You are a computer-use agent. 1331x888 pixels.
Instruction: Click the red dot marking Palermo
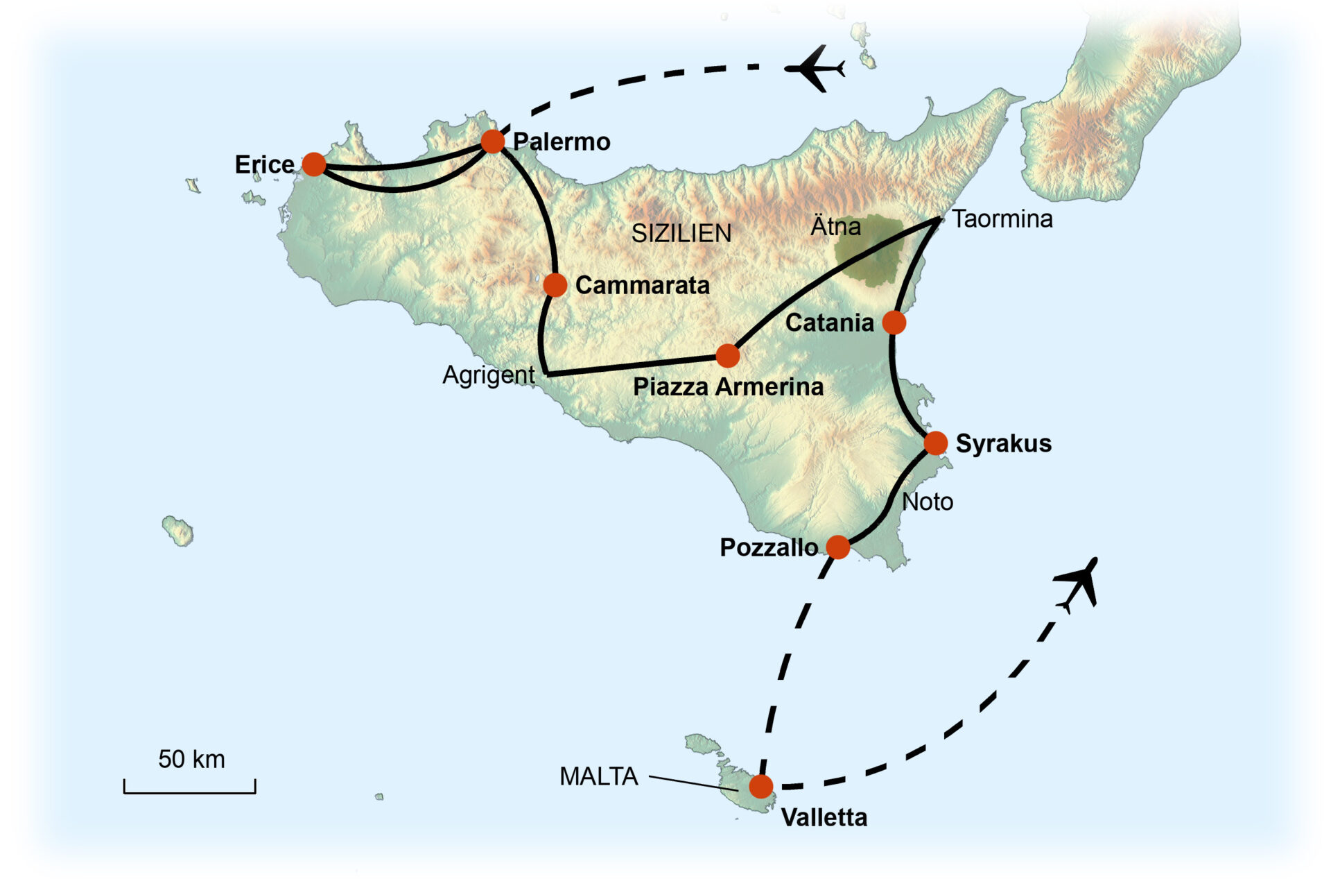pyautogui.click(x=492, y=142)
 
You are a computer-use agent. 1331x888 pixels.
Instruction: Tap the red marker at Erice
pyautogui.click(x=314, y=164)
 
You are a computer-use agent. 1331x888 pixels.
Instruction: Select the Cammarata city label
pyautogui.click(x=642, y=285)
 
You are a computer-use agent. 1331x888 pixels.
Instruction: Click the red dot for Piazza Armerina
pyautogui.click(x=727, y=356)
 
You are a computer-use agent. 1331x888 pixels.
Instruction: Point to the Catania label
pyautogui.click(x=829, y=323)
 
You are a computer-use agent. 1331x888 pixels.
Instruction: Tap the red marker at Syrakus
pyautogui.click(x=935, y=443)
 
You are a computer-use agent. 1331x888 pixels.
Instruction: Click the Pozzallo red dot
pyautogui.click(x=837, y=547)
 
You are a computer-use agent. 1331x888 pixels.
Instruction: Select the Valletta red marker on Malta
pyautogui.click(x=760, y=787)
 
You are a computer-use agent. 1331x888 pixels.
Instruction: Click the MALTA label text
pyautogui.click(x=598, y=776)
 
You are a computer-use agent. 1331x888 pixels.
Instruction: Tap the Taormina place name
pyautogui.click(x=1002, y=219)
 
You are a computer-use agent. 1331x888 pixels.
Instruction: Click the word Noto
pyautogui.click(x=928, y=502)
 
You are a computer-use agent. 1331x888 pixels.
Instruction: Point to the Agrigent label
pyautogui.click(x=489, y=375)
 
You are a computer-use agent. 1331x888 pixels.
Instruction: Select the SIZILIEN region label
pyautogui.click(x=681, y=233)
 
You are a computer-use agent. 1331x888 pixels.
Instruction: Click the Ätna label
pyautogui.click(x=835, y=226)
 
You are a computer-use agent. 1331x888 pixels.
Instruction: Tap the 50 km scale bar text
pyautogui.click(x=191, y=759)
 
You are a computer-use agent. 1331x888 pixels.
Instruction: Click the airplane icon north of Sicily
pyautogui.click(x=816, y=69)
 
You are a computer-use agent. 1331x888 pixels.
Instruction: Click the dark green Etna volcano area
pyautogui.click(x=870, y=253)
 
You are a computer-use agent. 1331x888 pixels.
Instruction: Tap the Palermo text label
pyautogui.click(x=562, y=142)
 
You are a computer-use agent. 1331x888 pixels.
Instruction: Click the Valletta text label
pyautogui.click(x=824, y=817)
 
